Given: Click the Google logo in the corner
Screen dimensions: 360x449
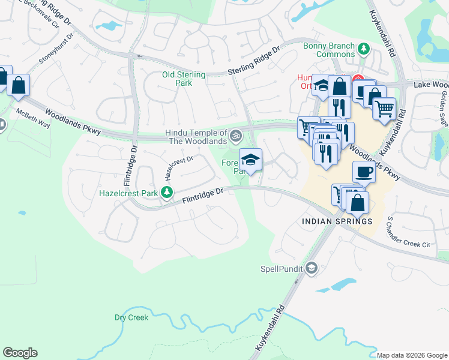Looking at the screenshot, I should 20,353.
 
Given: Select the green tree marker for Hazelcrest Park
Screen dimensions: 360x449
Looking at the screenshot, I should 170,193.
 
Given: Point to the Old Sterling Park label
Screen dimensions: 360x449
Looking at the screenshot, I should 184,79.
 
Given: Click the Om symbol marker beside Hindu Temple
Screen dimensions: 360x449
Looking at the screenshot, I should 236,134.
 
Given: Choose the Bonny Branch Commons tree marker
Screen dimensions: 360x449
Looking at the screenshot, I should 363,48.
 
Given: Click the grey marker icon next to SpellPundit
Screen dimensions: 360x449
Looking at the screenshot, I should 311,268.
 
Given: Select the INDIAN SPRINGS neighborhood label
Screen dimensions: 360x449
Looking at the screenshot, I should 337,221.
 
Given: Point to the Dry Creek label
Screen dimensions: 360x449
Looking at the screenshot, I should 131,317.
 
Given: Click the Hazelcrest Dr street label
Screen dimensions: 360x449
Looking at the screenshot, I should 179,168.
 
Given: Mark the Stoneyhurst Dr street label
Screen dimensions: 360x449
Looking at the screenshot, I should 56,49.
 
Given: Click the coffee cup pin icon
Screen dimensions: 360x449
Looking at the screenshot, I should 364,172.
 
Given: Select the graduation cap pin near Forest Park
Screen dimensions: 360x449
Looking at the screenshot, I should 250,160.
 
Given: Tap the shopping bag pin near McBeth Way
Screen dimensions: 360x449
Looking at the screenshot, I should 19,86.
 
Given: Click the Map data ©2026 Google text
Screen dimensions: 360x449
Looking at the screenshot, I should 412,355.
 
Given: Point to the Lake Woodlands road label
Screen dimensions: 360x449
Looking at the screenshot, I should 431,86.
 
